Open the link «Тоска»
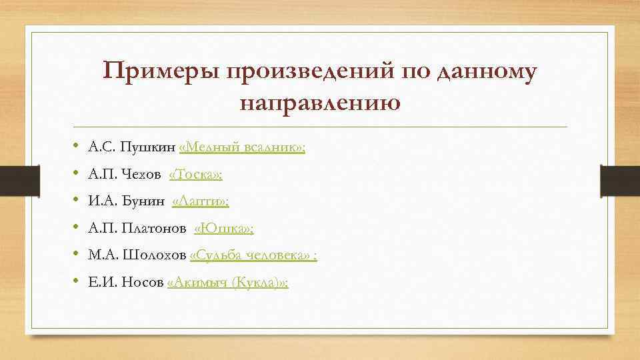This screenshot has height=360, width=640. click(x=196, y=175)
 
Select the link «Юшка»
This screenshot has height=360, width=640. click(x=224, y=229)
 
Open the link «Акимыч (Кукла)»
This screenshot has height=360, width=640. click(x=228, y=283)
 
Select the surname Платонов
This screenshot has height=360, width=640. click(x=153, y=229)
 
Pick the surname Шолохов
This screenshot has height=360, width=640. click(x=161, y=255)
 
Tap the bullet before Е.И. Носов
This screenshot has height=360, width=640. click(x=77, y=283)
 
